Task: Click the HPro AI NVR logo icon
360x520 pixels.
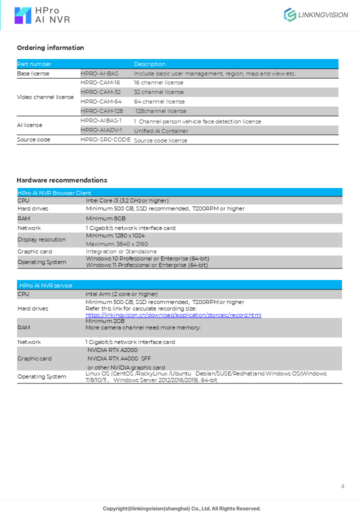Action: pyautogui.click(x=23, y=15)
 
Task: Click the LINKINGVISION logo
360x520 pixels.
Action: pyautogui.click(x=316, y=15)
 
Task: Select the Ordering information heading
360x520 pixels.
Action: pyautogui.click(x=50, y=48)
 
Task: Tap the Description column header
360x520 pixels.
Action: pyautogui.click(x=149, y=64)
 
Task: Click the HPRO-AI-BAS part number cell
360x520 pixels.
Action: pyautogui.click(x=99, y=73)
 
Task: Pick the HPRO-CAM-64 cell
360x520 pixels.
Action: pyautogui.click(x=101, y=101)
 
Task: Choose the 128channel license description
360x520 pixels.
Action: pyautogui.click(x=160, y=111)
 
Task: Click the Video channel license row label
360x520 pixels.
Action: pyautogui.click(x=45, y=97)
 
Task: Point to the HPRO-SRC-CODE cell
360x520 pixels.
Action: pyautogui.click(x=105, y=140)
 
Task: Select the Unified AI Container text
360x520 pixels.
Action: pyautogui.click(x=161, y=131)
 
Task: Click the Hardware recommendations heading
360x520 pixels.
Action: pyautogui.click(x=62, y=180)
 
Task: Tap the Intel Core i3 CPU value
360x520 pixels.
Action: pyautogui.click(x=127, y=200)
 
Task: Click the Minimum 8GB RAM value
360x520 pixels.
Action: pyautogui.click(x=105, y=218)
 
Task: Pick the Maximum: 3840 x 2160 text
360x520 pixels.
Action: pyautogui.click(x=117, y=244)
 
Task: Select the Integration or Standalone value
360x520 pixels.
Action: pyautogui.click(x=121, y=251)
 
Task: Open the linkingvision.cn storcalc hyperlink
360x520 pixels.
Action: pyautogui.click(x=173, y=315)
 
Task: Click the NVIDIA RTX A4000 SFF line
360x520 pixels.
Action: pyautogui.click(x=119, y=358)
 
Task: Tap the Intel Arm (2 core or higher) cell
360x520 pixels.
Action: pyautogui.click(x=121, y=294)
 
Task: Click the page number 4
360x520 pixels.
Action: pyautogui.click(x=342, y=486)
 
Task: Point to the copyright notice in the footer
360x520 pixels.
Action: pyautogui.click(x=182, y=508)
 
